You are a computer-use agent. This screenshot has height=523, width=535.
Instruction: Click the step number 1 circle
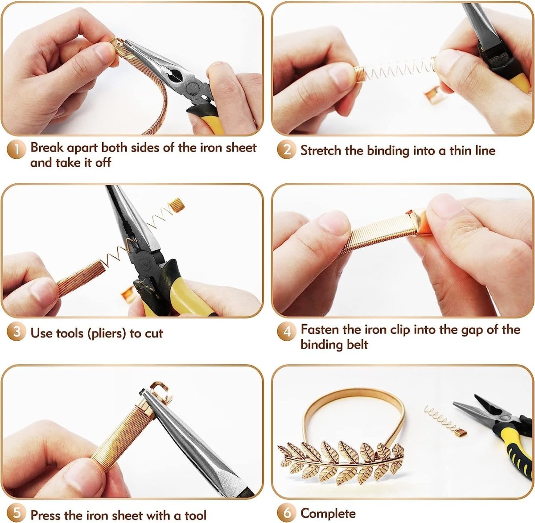click(16, 150)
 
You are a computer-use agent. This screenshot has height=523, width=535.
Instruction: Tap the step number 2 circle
click(287, 150)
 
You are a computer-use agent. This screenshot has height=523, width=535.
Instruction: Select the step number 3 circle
click(16, 332)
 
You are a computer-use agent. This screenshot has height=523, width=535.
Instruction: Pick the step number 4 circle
click(287, 332)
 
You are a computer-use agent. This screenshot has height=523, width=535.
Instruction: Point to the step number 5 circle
click(16, 513)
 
